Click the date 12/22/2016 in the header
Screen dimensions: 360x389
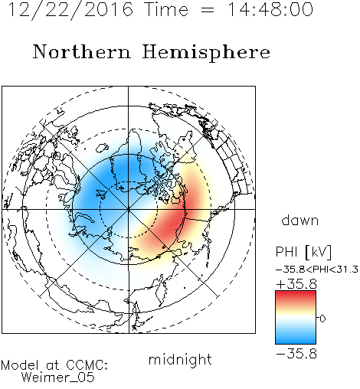point(70,10)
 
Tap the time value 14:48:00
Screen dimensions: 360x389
point(270,9)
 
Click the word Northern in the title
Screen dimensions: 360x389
point(82,51)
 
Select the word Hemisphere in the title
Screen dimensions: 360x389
point(206,53)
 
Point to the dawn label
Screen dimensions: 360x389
point(300,220)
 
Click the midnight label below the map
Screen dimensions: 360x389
point(180,360)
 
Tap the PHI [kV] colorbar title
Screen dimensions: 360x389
point(303,252)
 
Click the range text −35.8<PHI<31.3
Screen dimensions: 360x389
point(317,270)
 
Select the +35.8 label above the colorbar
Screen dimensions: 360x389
point(296,284)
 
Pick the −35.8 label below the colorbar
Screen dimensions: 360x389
point(296,354)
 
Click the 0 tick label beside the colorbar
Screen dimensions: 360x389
point(322,319)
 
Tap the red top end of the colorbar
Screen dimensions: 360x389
point(296,293)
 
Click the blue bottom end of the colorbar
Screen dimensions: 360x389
point(296,342)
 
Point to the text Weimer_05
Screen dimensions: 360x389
point(57,378)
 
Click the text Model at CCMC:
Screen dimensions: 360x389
point(54,365)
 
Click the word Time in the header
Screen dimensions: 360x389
point(166,10)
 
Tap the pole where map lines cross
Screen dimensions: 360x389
point(129,209)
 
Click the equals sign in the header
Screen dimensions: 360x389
point(208,11)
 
